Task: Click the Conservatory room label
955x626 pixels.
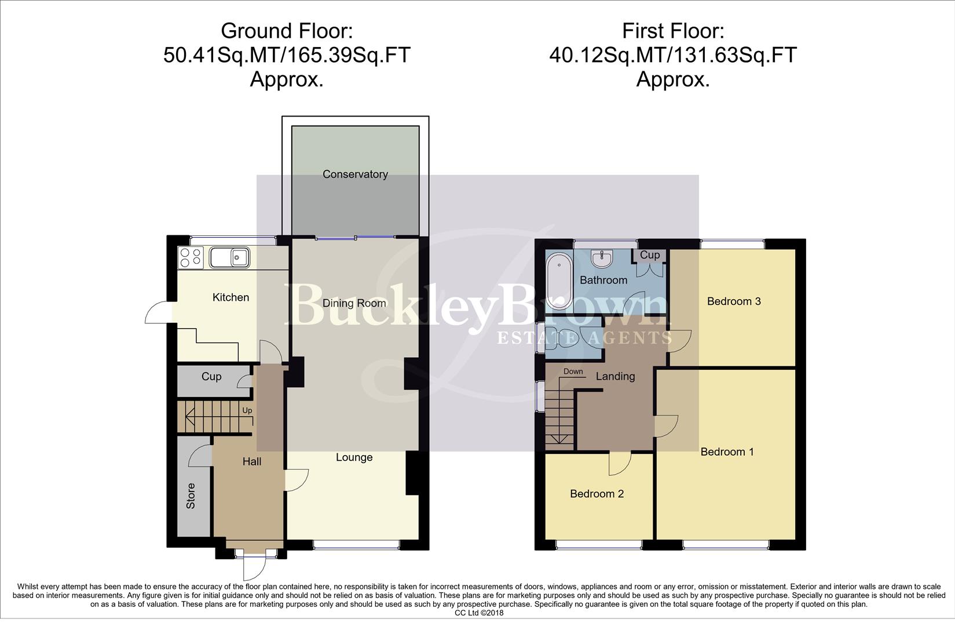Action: click(355, 174)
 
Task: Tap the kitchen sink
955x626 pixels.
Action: click(230, 257)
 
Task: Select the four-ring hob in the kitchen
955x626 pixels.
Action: click(191, 258)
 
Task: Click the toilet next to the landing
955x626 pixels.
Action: click(562, 337)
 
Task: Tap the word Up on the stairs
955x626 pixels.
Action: click(247, 410)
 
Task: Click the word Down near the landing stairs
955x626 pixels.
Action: click(573, 372)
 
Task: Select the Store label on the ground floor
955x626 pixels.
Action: click(191, 496)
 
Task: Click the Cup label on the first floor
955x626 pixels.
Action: click(650, 255)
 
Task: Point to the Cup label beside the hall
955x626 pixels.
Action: click(211, 377)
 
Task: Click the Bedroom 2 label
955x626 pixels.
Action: click(597, 494)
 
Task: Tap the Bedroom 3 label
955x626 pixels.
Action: click(733, 301)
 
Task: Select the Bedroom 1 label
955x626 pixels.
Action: click(727, 452)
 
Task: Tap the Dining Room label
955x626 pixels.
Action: click(354, 303)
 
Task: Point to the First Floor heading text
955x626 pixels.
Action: click(673, 30)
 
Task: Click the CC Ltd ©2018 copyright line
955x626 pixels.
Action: click(479, 613)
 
